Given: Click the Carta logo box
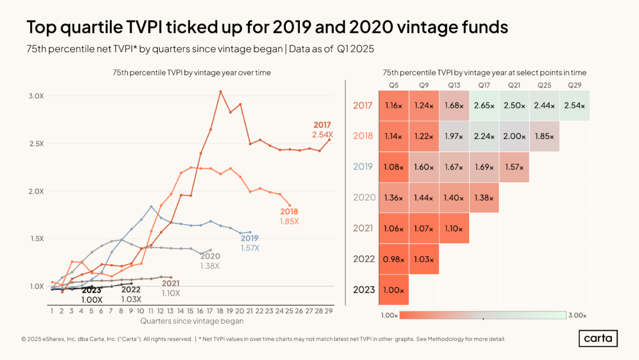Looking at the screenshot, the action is pos(598,339).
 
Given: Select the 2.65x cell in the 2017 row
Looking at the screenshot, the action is pos(484,105).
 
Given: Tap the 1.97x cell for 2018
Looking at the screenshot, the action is pos(454,136).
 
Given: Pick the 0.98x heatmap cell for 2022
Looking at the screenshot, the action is pos(393,259).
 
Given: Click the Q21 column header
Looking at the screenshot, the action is pos(514,85).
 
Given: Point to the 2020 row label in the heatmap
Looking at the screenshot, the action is pos(364,197).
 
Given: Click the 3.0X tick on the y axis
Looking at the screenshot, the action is pos(36,96).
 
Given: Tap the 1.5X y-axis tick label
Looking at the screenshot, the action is pos(37,239).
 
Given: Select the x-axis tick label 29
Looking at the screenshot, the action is pos(328,311).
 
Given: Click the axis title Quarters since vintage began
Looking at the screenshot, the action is pos(192,321).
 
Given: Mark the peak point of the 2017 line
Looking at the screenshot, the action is pos(221,92).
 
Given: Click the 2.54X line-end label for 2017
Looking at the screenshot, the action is pos(323,134).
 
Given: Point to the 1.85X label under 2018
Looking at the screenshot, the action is pos(289,221).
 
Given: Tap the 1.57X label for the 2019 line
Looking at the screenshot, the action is pos(250,248).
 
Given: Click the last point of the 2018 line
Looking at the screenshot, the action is pos(290,205).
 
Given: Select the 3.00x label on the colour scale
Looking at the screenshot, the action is pos(577,315).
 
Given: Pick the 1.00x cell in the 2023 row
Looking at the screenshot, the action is pos(393,290).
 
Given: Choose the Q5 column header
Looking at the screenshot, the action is pos(393,85).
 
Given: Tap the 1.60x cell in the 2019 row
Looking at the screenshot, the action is pos(424,167).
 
